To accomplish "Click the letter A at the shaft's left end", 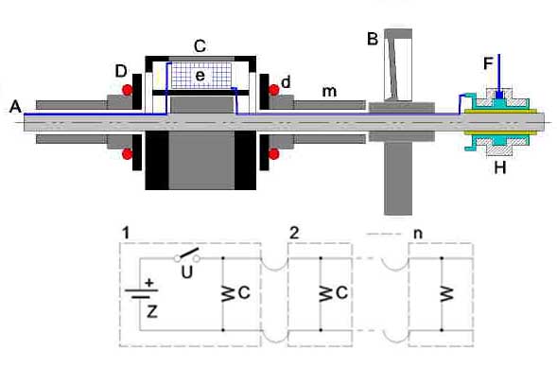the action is pyautogui.click(x=15, y=106).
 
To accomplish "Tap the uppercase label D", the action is pyautogui.click(x=121, y=72).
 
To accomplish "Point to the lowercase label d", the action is pyautogui.click(x=286, y=82).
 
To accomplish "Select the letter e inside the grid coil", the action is pyautogui.click(x=200, y=76).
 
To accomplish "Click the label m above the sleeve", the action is pyautogui.click(x=329, y=92).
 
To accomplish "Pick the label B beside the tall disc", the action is pyautogui.click(x=373, y=39).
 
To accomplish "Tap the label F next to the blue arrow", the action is pyautogui.click(x=488, y=63).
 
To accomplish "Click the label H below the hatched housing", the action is pyautogui.click(x=500, y=167).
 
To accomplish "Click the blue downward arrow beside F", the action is pyautogui.click(x=499, y=76).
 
